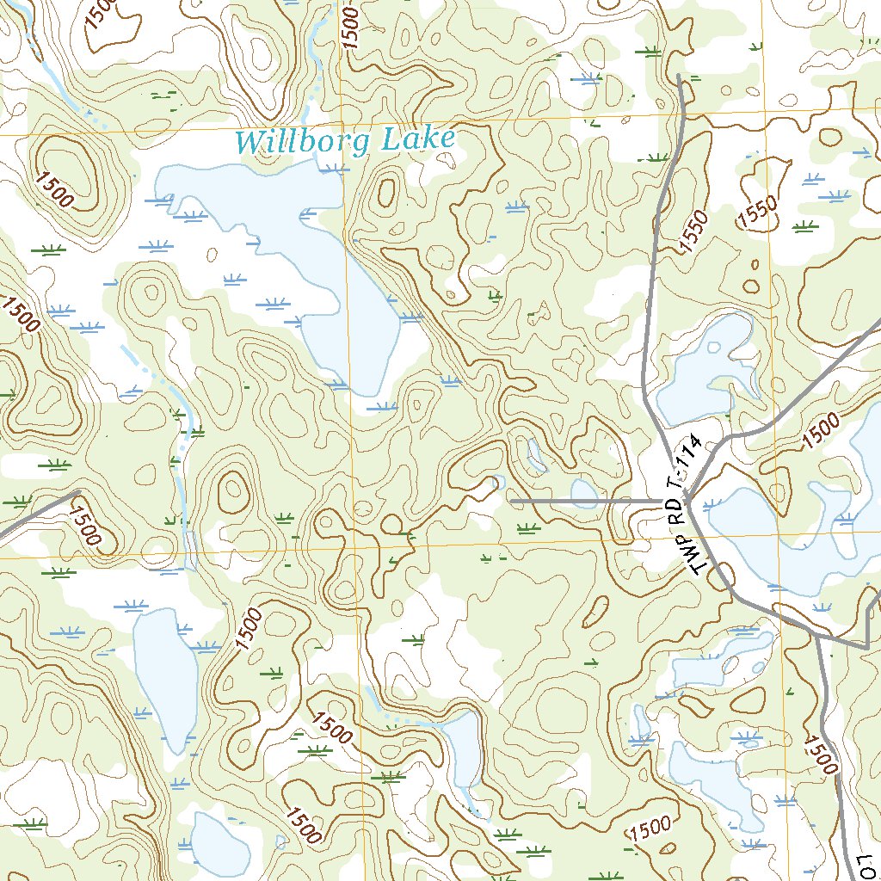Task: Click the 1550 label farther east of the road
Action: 756,212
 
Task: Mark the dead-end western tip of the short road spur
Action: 512,500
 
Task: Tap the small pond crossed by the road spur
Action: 584,493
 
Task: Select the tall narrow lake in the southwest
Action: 165,675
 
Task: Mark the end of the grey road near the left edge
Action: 77,492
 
